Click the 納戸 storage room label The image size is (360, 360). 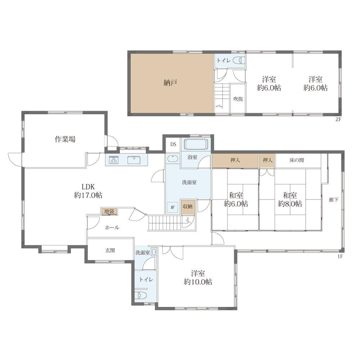coord(170,83)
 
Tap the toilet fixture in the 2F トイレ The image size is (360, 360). coord(239,60)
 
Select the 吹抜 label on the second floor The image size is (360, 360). coord(238,99)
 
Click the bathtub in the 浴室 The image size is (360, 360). coord(196,144)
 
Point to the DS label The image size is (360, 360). coord(173,144)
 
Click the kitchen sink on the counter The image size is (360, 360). coord(134,160)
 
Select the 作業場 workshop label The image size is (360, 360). coord(65,139)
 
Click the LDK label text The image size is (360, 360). coord(88,186)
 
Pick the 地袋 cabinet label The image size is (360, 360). coord(109,211)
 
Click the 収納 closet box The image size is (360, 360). coord(188,207)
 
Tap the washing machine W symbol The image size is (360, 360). coord(173,207)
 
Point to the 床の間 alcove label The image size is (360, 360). coord(297,160)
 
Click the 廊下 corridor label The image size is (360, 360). coord(333,200)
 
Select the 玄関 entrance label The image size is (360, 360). coord(110,250)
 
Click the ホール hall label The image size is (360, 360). coord(112,228)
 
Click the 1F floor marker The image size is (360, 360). coord(340,257)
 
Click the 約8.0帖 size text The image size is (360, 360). coord(290,204)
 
